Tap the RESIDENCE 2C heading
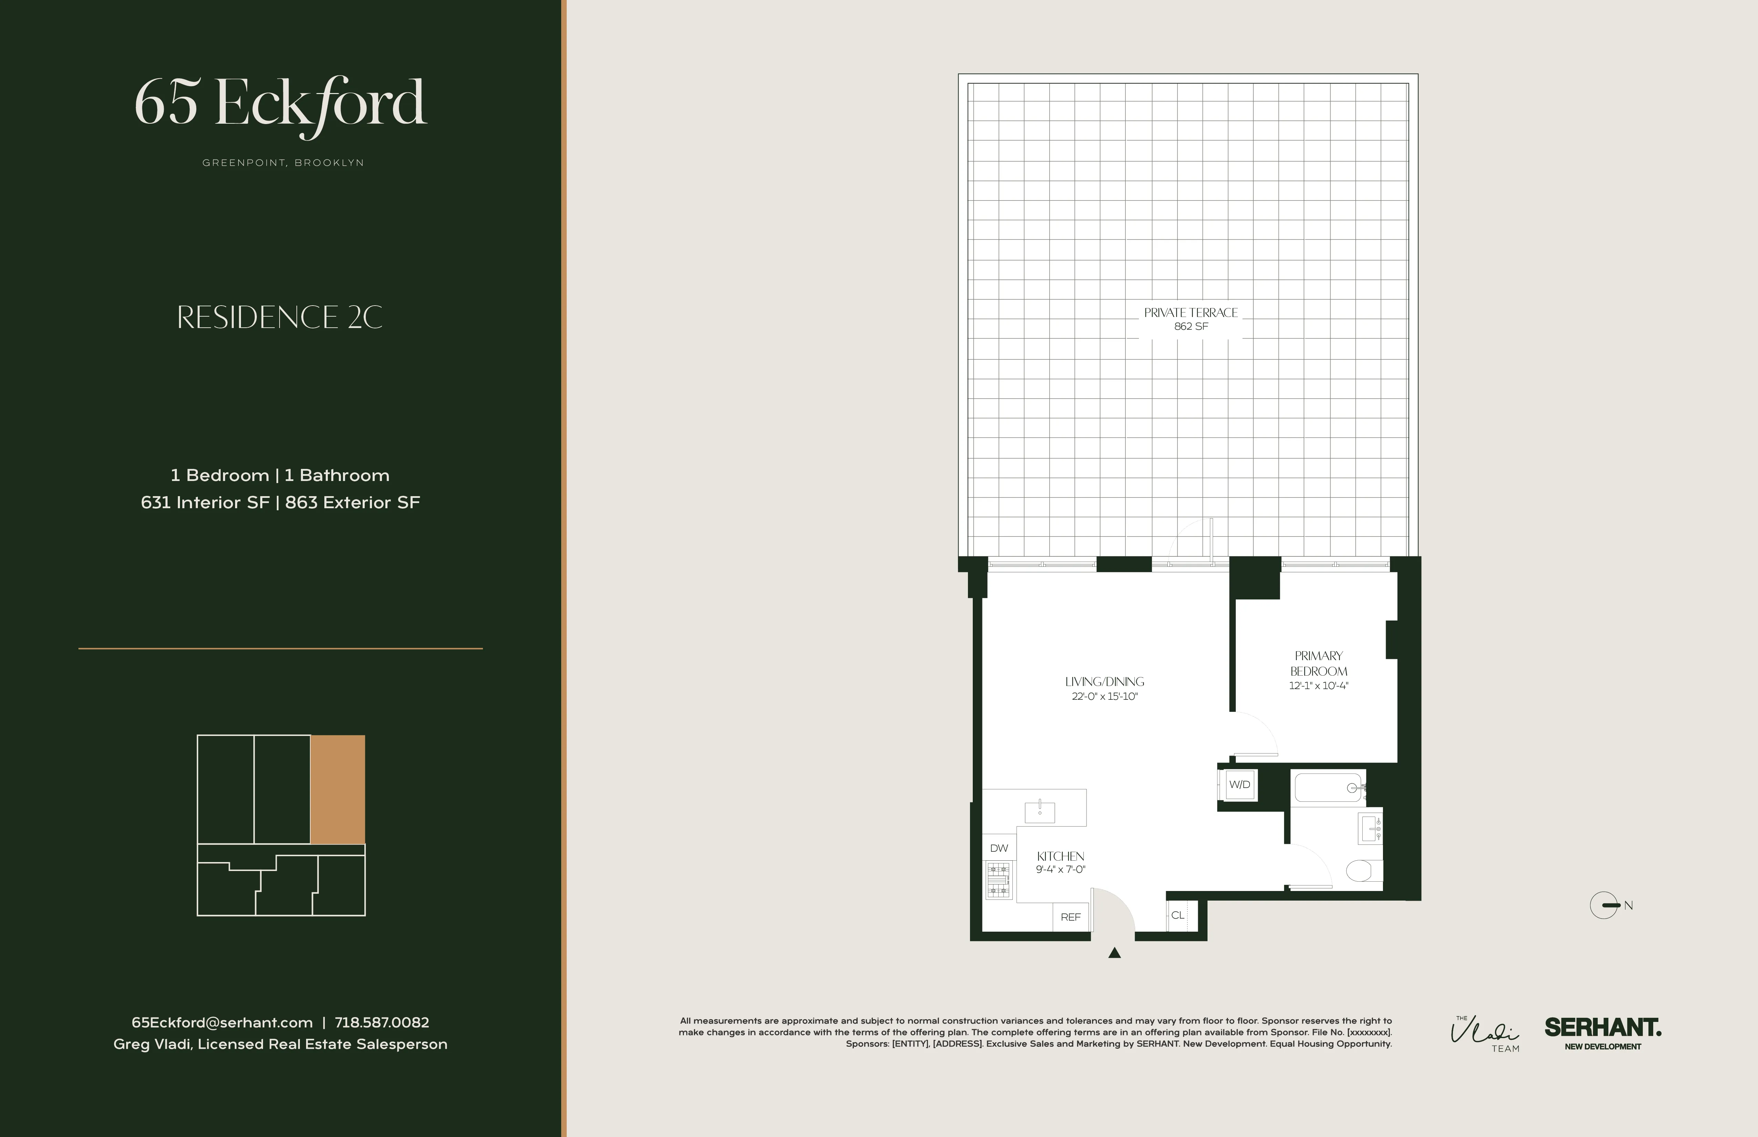click(280, 317)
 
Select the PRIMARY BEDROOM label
click(1318, 663)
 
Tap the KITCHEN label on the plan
click(1060, 857)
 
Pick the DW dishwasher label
click(999, 848)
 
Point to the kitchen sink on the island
click(1039, 811)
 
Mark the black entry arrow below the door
click(1115, 953)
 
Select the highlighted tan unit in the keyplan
click(337, 789)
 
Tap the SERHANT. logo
click(1602, 1028)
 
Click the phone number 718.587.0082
click(382, 1023)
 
